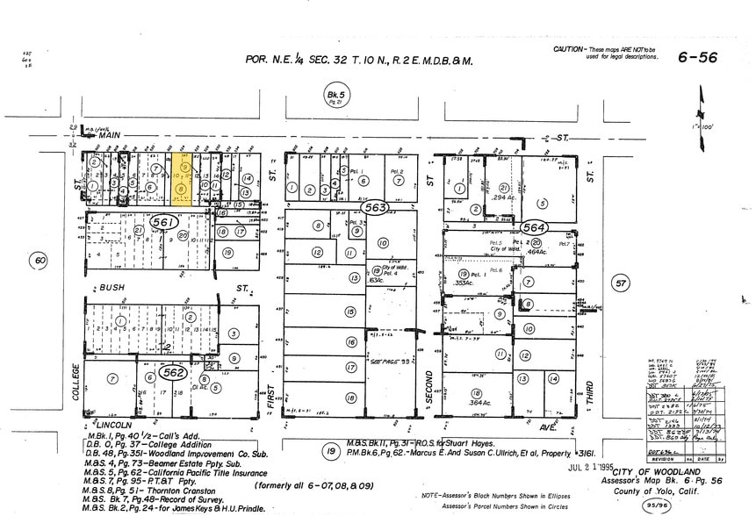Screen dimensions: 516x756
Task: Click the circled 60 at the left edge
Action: coord(39,260)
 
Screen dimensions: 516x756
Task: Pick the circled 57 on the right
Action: coord(621,283)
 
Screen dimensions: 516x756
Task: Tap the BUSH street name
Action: coord(112,287)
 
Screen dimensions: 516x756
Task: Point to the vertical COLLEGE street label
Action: coord(76,383)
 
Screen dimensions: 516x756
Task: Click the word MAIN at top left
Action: coord(110,134)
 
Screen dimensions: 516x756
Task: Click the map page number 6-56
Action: coord(697,58)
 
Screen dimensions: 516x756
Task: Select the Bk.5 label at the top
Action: coord(333,94)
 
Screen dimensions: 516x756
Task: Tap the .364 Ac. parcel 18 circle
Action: coord(476,393)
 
